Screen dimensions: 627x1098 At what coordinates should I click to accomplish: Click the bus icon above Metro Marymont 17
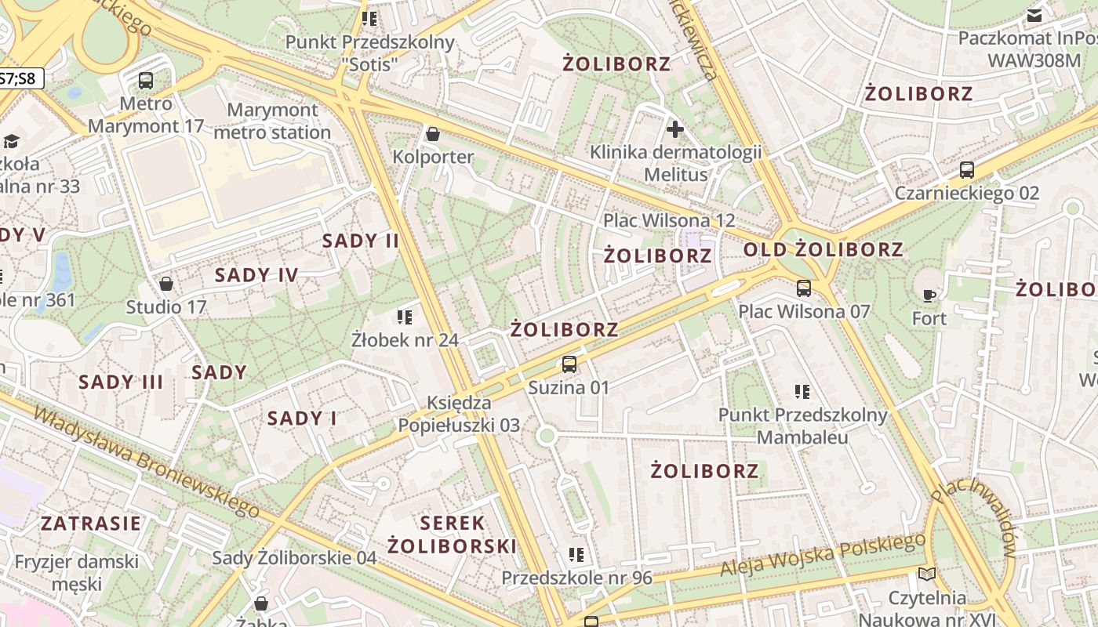point(146,80)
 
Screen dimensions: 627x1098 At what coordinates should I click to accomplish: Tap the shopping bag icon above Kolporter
point(432,135)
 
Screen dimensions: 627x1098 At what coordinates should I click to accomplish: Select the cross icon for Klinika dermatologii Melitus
point(674,129)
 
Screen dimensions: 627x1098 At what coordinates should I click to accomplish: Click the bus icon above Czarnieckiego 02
point(967,170)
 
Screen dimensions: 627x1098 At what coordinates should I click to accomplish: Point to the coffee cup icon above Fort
point(929,295)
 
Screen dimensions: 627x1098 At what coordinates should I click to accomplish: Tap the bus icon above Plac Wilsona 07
point(804,288)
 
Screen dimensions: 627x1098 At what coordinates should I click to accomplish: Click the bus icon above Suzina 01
point(569,364)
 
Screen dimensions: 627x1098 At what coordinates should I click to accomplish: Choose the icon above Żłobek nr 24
point(405,317)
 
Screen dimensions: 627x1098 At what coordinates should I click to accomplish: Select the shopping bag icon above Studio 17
point(166,284)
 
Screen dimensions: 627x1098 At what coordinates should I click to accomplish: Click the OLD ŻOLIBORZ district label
point(823,250)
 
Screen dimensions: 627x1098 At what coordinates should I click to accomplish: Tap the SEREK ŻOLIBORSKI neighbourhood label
point(453,535)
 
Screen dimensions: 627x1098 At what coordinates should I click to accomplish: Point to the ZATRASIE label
point(91,524)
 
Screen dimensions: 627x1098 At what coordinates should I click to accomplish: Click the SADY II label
point(361,241)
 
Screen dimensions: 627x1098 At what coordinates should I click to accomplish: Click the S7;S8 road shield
point(20,78)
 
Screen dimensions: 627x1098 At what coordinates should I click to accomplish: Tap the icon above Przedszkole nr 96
point(577,555)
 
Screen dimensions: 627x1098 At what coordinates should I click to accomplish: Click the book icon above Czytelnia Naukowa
point(927,574)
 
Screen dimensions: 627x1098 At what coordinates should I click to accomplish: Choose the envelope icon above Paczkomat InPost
point(1034,16)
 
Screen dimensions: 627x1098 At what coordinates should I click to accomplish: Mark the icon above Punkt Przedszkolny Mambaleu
point(802,391)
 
